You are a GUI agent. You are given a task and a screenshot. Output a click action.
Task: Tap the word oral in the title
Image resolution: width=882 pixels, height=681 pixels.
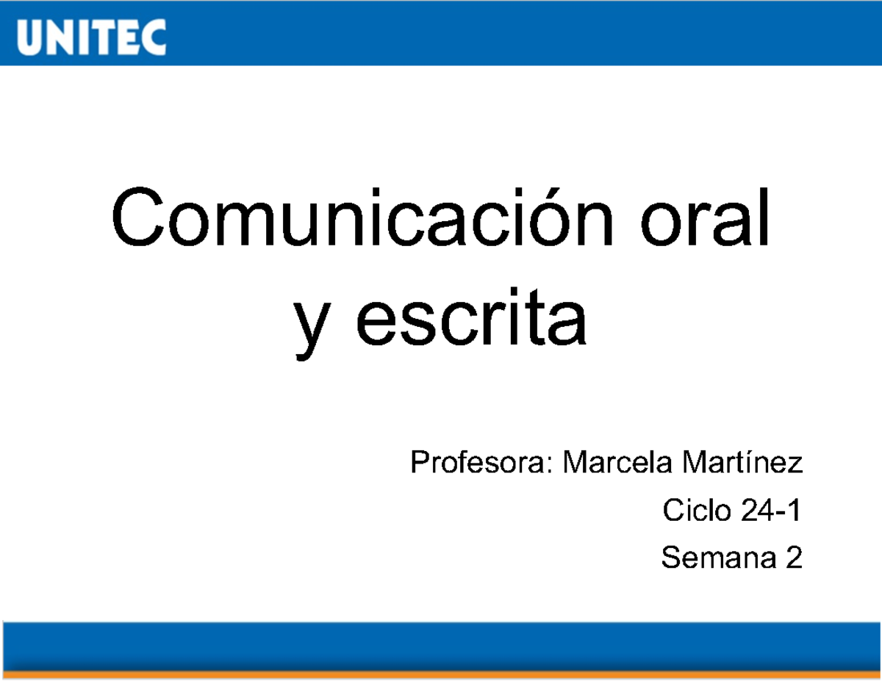(707, 218)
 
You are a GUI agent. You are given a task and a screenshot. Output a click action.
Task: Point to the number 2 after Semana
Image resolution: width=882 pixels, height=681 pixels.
(793, 558)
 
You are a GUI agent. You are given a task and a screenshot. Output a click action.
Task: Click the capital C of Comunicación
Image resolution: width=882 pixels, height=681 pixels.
(137, 218)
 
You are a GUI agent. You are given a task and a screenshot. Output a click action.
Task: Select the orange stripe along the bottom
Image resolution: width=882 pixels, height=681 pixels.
(441, 674)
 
